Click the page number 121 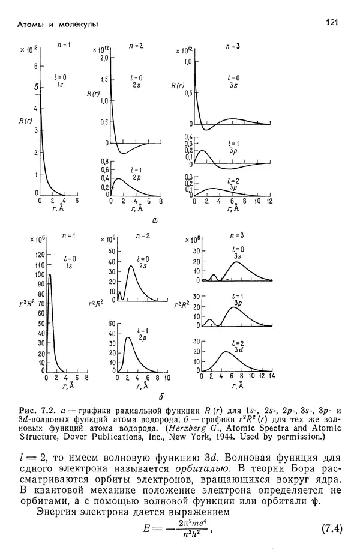(331, 22)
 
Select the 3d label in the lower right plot (238, 349)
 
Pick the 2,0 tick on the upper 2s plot (104, 58)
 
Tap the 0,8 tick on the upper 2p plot (104, 162)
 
